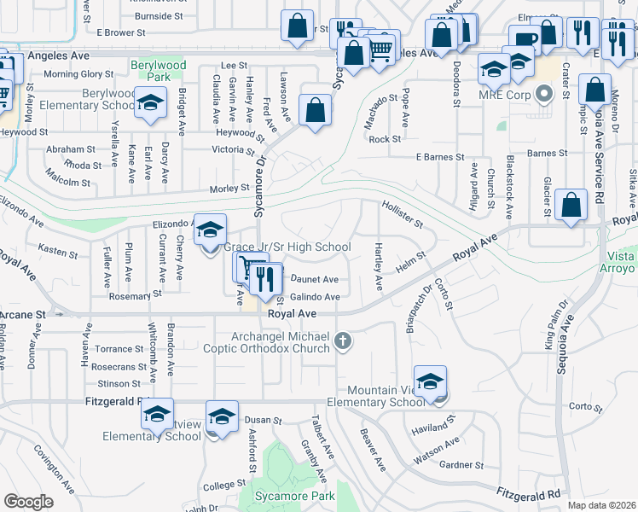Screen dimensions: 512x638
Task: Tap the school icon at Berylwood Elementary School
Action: coord(151,104)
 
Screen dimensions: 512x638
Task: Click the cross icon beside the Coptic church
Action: coord(343,341)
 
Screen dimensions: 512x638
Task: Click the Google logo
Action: coord(28,501)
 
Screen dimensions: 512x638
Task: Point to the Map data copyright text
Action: coord(600,505)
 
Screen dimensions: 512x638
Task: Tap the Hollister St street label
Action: coord(403,214)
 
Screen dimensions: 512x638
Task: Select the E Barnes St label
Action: coord(439,157)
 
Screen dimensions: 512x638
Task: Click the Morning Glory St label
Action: coord(78,74)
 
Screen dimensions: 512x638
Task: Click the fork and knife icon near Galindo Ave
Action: coord(267,278)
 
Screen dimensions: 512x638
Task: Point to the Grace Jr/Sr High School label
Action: coord(287,247)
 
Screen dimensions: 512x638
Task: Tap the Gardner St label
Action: coord(462,465)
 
